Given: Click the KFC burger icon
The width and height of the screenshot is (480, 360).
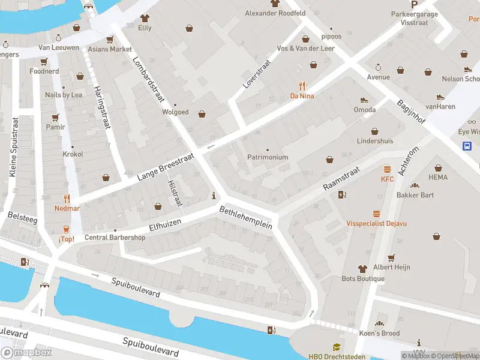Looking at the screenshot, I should point(388,170).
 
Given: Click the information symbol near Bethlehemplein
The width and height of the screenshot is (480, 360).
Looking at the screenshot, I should point(214,196).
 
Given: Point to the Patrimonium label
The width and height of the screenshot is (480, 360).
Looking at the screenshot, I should point(268,157).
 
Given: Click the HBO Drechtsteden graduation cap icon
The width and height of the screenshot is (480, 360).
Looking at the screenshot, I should point(337,347).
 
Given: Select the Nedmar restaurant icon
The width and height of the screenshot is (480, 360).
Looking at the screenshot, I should point(67,199).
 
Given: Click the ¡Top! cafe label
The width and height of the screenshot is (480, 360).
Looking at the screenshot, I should point(66,239).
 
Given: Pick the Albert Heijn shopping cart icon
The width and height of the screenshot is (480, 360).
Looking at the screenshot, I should point(391,257).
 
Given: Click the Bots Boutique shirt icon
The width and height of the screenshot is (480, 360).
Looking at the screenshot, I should point(362,269).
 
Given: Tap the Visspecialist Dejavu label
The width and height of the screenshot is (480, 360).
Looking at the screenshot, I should point(376,223).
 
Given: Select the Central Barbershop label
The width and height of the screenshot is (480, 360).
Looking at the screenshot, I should point(115,237).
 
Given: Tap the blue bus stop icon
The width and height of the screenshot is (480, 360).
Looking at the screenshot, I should point(467,146).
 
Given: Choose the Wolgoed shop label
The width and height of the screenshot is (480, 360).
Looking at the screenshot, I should point(175,112).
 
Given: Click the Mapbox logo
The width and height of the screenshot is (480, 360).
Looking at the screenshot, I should point(26,353).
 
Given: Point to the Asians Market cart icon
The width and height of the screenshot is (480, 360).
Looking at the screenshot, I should point(109,40).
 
